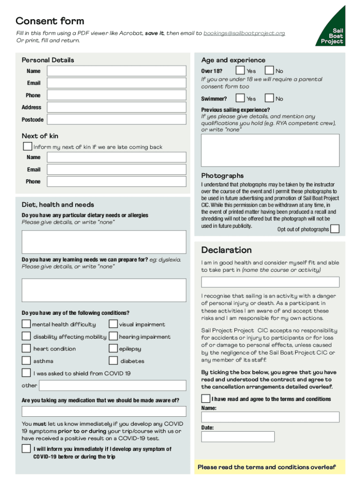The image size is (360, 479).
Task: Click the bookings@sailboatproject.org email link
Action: click(x=244, y=33)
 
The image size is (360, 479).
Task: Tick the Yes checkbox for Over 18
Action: click(x=240, y=71)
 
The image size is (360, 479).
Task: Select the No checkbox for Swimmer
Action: click(x=269, y=98)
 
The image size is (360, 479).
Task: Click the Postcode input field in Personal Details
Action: click(x=116, y=120)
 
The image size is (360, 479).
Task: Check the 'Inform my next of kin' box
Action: click(x=28, y=146)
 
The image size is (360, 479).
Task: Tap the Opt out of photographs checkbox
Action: click(x=335, y=229)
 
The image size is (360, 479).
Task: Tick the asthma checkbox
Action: click(x=27, y=361)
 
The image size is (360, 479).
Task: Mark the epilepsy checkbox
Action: click(x=113, y=348)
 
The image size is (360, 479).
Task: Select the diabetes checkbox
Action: click(x=113, y=361)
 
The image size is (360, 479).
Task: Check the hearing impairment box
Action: click(x=113, y=336)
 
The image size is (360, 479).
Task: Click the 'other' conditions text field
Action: click(x=112, y=385)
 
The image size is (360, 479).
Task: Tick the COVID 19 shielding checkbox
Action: click(x=27, y=373)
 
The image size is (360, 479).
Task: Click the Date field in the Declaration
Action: click(x=238, y=436)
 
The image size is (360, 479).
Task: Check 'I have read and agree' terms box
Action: click(x=206, y=399)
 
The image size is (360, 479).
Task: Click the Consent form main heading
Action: click(x=50, y=21)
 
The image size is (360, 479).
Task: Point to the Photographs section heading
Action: click(x=223, y=176)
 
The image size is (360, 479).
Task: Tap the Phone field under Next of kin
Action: click(x=116, y=181)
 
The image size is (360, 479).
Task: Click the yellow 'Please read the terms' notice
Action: click(x=267, y=467)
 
